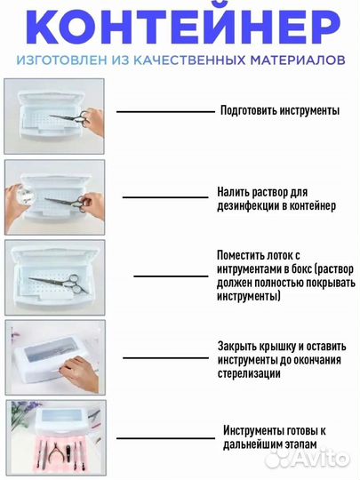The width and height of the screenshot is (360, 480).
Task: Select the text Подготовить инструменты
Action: (x=280, y=111)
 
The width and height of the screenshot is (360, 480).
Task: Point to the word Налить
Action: (x=232, y=192)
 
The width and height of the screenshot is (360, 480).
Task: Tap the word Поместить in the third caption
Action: (x=241, y=253)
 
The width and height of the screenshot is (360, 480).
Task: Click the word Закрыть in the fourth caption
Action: (x=238, y=346)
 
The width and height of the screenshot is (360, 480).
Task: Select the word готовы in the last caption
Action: (x=305, y=431)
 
